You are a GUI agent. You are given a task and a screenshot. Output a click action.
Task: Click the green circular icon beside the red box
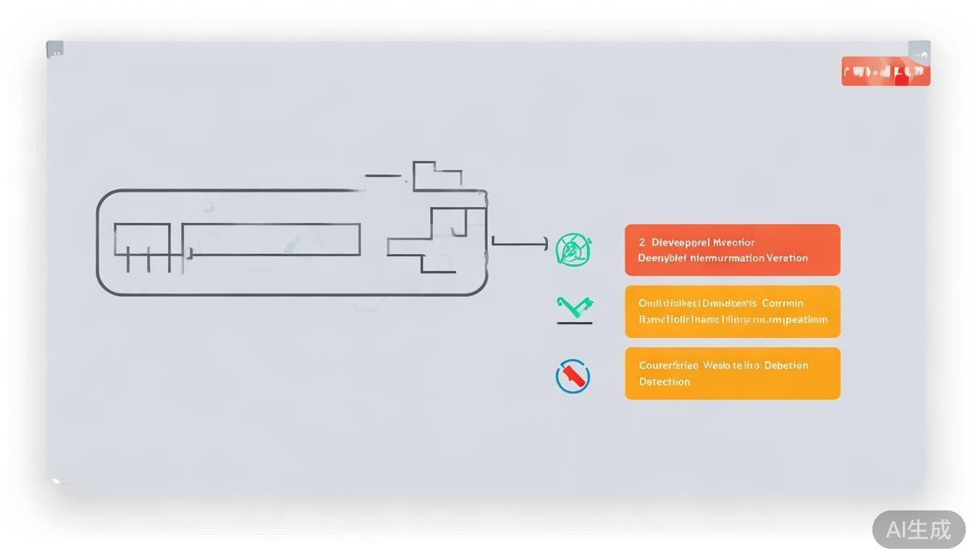pyautogui.click(x=573, y=250)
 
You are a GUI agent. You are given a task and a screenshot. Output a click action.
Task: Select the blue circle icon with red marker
pyautogui.click(x=573, y=376)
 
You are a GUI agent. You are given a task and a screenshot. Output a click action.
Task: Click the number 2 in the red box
pyautogui.click(x=641, y=243)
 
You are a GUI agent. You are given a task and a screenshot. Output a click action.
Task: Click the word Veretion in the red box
pyautogui.click(x=786, y=258)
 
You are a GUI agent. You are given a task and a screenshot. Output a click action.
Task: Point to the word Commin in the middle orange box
pyautogui.click(x=783, y=303)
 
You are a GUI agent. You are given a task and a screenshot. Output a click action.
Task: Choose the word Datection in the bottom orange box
pyautogui.click(x=664, y=382)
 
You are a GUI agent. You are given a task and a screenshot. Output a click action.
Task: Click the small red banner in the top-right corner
pyautogui.click(x=885, y=72)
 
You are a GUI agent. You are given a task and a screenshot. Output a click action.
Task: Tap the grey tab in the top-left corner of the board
pyautogui.click(x=55, y=49)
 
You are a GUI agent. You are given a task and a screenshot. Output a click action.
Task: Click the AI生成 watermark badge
pyautogui.click(x=918, y=529)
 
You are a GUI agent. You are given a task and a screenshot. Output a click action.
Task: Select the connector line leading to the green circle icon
pyautogui.click(x=520, y=245)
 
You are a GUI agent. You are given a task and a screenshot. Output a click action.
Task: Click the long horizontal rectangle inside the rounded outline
pyautogui.click(x=271, y=240)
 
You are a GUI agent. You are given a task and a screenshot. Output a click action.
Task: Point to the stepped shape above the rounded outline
pyautogui.click(x=437, y=177)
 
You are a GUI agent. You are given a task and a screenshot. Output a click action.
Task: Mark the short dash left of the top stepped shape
pyautogui.click(x=383, y=175)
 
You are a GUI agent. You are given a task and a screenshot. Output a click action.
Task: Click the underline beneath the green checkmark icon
pyautogui.click(x=575, y=322)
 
